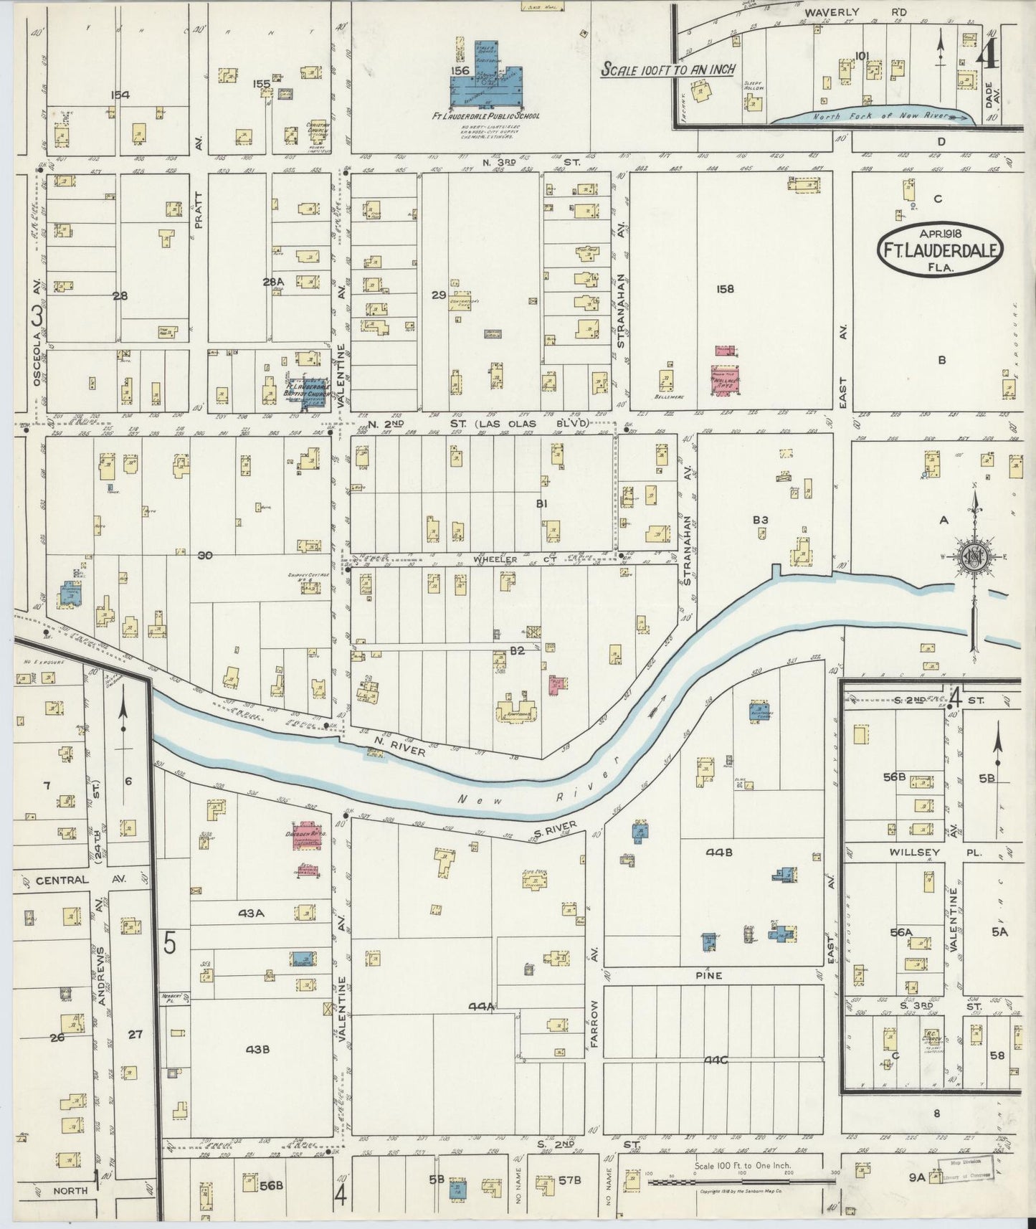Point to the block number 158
pos(725,289)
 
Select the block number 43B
pos(257,1049)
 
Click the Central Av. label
pos(63,880)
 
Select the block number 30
pos(205,554)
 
